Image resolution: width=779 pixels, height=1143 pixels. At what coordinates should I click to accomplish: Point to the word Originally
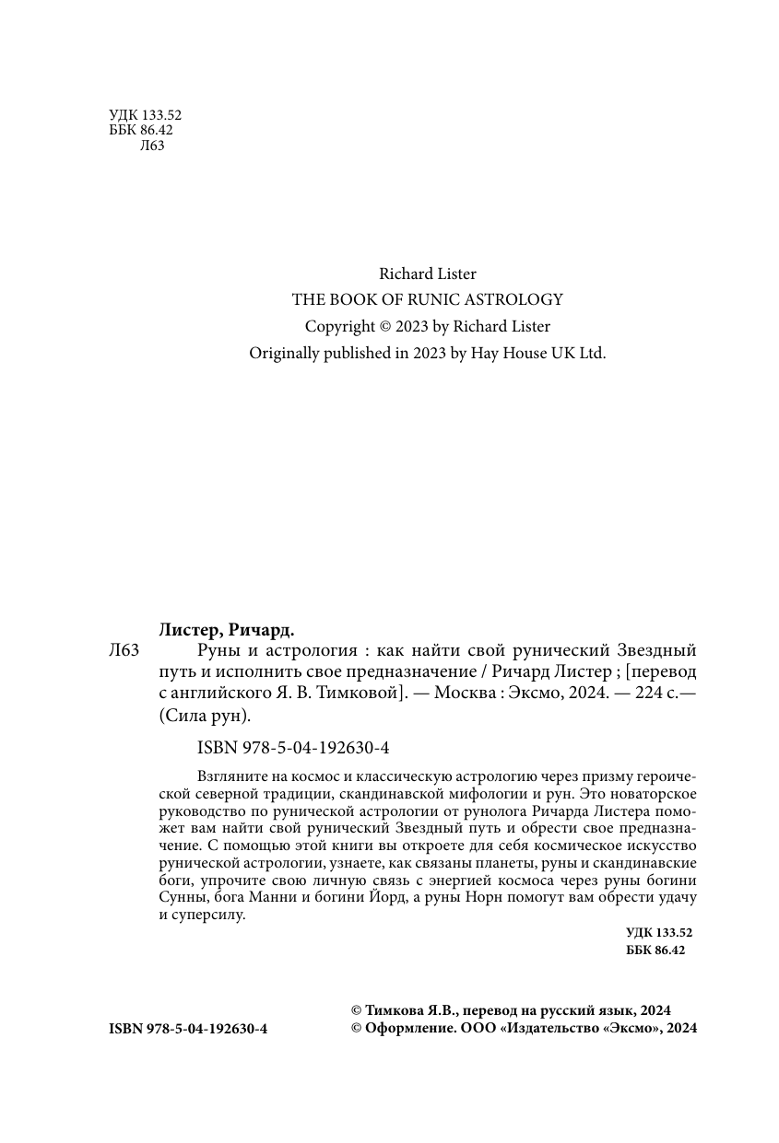pyautogui.click(x=285, y=353)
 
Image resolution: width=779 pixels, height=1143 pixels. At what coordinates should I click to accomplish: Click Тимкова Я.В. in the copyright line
pyautogui.click(x=404, y=1009)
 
